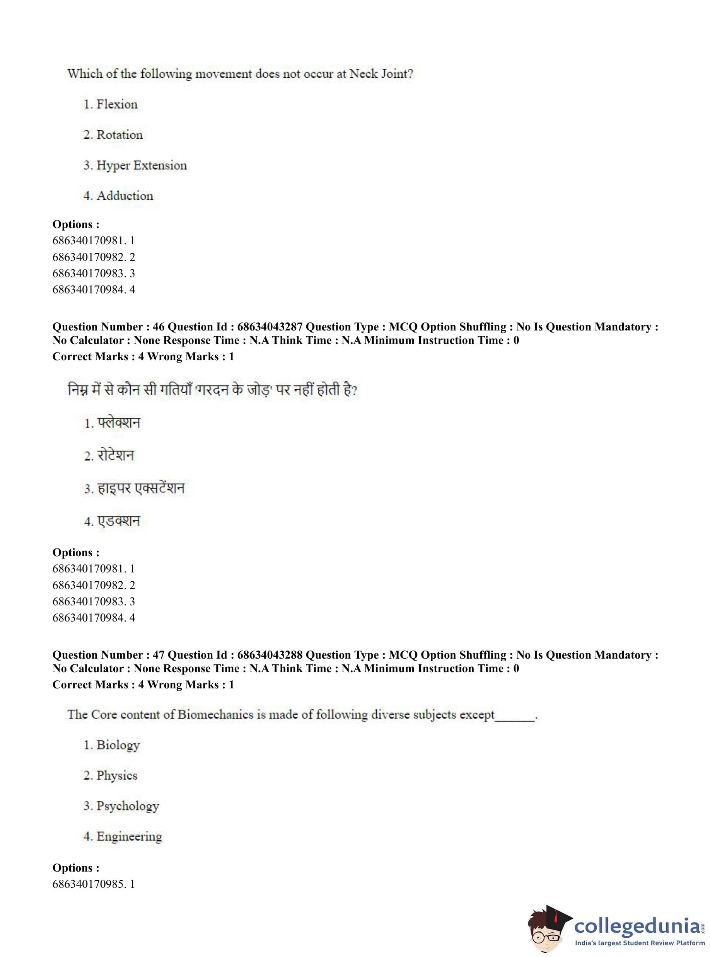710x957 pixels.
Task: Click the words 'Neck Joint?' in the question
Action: coord(381,74)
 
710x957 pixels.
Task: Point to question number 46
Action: coord(159,327)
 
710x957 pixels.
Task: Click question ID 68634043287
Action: coord(270,327)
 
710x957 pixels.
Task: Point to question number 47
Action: coord(159,655)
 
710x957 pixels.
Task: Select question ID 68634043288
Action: coord(270,655)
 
